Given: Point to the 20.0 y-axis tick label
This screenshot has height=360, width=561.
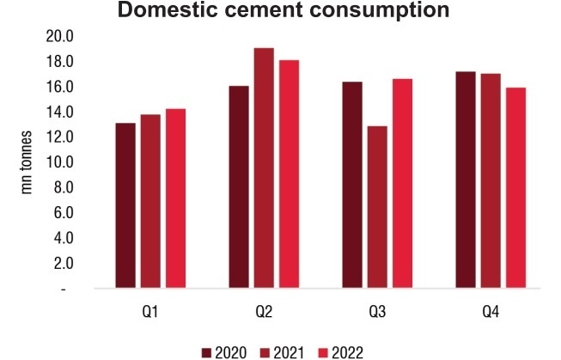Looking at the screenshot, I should click(x=64, y=37).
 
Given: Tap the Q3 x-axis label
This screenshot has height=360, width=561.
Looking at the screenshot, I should click(x=376, y=309).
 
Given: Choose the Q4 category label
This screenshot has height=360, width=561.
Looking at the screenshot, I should click(x=490, y=309).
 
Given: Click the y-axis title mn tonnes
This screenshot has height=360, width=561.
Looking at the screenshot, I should click(x=27, y=163).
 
